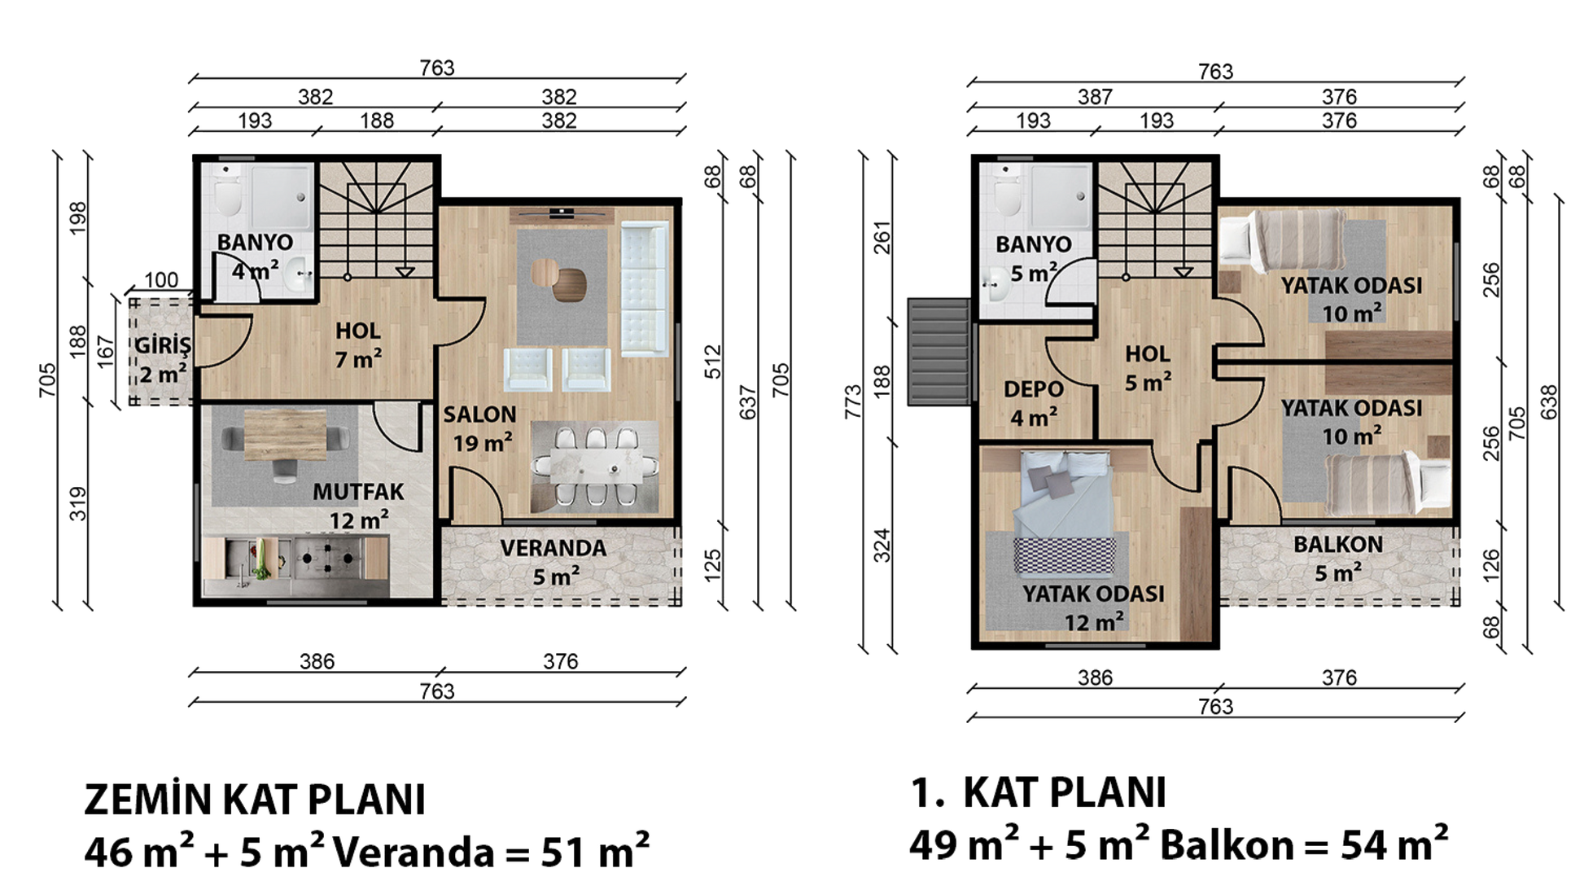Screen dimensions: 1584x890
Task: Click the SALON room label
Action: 479,414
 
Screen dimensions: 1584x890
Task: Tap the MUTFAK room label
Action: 358,492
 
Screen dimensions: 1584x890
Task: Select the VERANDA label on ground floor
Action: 554,548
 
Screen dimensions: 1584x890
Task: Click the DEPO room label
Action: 1033,389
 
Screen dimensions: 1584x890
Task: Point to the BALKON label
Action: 1338,545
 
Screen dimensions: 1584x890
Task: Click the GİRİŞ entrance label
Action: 163,345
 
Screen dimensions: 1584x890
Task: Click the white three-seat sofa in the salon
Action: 644,289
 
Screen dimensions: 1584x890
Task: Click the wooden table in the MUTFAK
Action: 285,434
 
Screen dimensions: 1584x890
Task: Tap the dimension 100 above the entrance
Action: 161,280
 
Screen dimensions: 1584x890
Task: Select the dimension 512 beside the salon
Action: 713,362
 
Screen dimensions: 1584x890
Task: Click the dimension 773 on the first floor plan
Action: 852,401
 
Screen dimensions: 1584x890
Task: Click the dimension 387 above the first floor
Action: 1095,98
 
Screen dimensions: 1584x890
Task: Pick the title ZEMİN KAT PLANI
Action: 255,800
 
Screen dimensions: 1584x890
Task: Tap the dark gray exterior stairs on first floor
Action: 939,352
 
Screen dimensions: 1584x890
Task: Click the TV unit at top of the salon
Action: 562,215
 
